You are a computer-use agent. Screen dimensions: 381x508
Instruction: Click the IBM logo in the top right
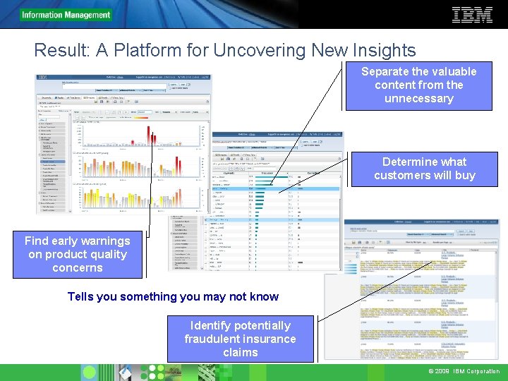[472, 14]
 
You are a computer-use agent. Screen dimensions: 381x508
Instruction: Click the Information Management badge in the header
[66, 15]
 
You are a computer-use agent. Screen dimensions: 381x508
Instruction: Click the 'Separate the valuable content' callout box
[418, 85]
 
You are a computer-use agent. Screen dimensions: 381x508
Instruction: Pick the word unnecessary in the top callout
[418, 99]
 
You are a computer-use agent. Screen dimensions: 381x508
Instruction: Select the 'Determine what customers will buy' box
[424, 169]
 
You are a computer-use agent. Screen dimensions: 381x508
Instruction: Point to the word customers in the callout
[404, 176]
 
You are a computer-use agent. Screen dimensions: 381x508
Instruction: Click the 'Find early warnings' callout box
[77, 255]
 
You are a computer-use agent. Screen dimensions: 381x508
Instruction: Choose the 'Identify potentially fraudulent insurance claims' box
[240, 339]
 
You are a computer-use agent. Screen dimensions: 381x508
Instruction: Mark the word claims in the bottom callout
[240, 352]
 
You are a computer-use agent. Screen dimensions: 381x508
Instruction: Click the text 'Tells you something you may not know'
[173, 297]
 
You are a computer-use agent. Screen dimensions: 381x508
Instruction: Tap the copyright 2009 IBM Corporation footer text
[463, 372]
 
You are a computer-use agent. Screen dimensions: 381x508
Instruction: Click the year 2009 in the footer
[442, 372]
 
